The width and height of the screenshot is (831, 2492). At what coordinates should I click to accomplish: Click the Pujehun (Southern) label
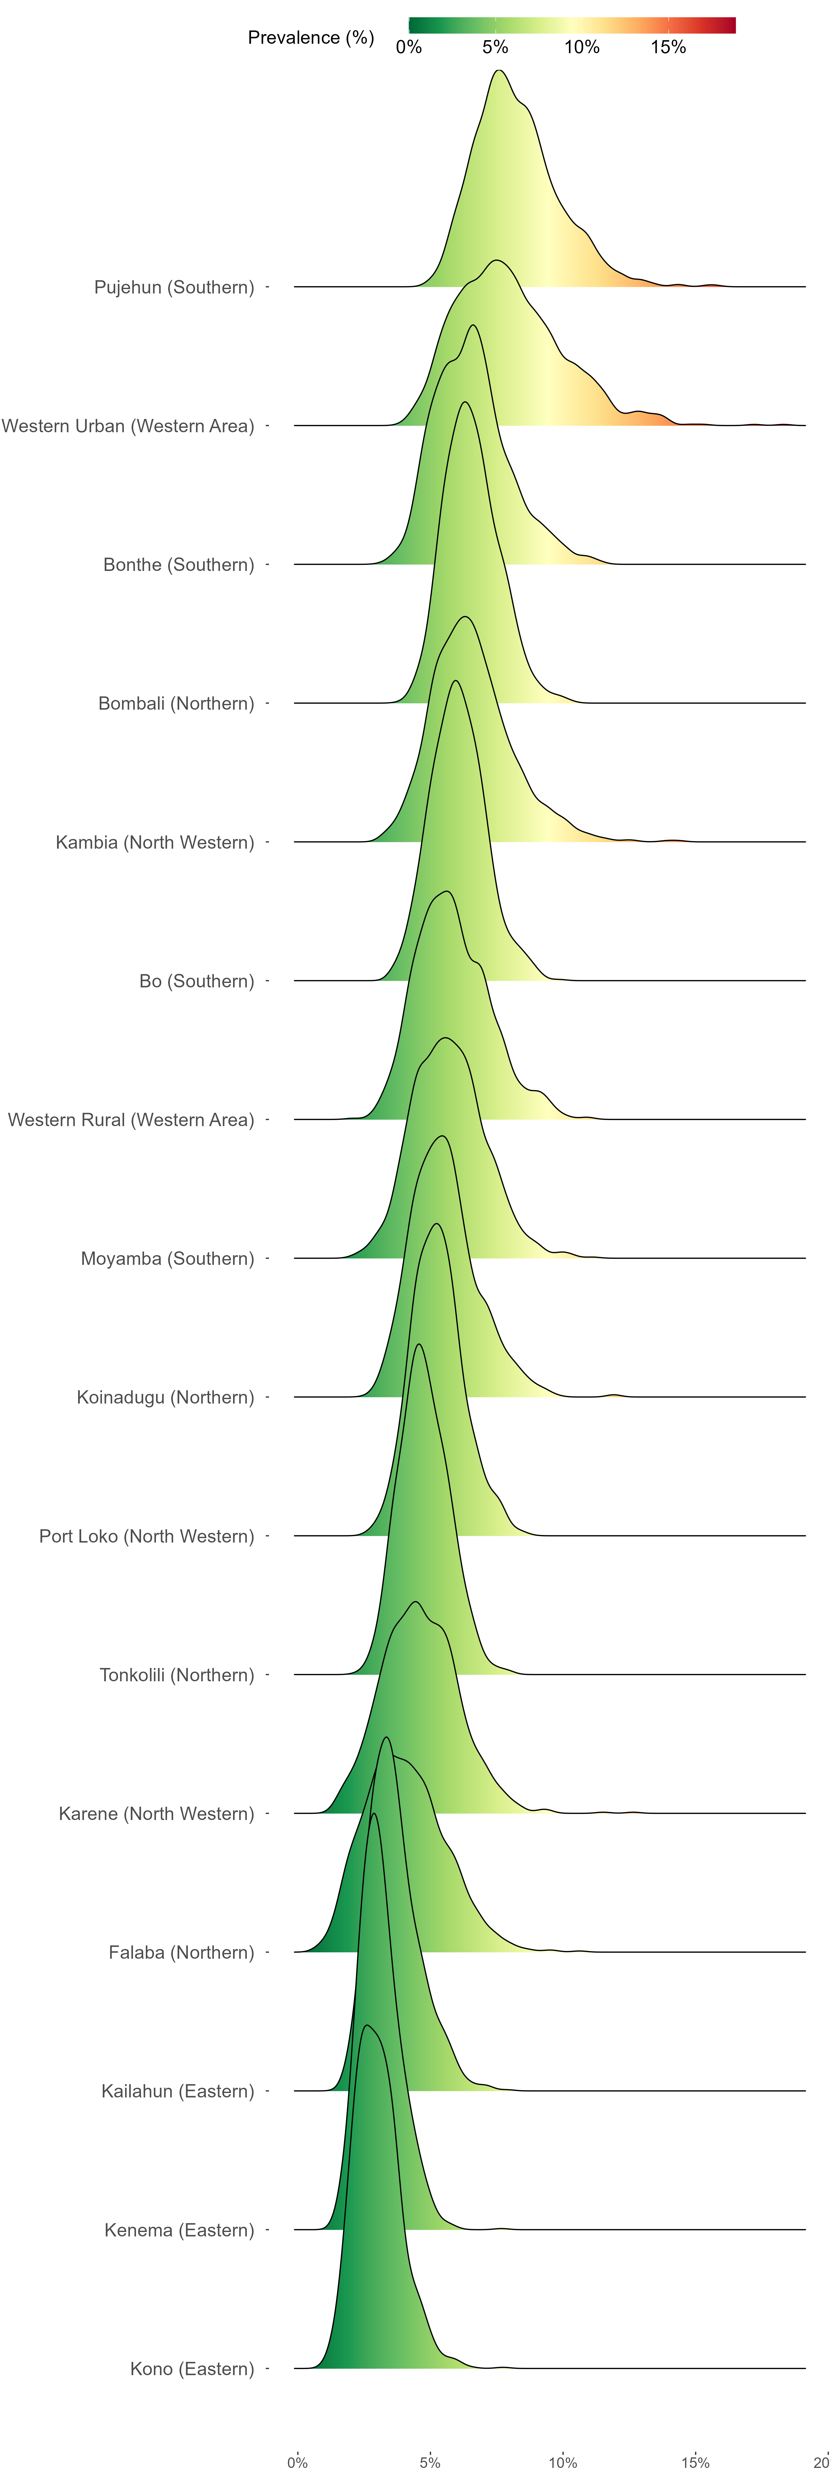pyautogui.click(x=174, y=287)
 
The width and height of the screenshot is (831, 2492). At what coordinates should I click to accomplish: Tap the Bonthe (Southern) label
pyautogui.click(x=179, y=565)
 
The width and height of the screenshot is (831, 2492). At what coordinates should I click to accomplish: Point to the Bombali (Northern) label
pyautogui.click(x=176, y=703)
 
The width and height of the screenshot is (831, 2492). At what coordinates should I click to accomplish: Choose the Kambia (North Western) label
pyautogui.click(x=155, y=843)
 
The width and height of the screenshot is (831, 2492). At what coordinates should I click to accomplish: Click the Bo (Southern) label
pyautogui.click(x=196, y=981)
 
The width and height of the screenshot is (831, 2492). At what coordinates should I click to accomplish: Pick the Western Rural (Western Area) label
pyautogui.click(x=130, y=1120)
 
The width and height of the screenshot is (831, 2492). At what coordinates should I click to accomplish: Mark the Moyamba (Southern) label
pyautogui.click(x=167, y=1258)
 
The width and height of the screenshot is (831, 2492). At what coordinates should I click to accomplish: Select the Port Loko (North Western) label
pyautogui.click(x=146, y=1536)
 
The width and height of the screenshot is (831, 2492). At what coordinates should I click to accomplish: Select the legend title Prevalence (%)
pyautogui.click(x=311, y=38)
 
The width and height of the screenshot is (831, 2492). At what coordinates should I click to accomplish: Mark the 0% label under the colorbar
pyautogui.click(x=409, y=47)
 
